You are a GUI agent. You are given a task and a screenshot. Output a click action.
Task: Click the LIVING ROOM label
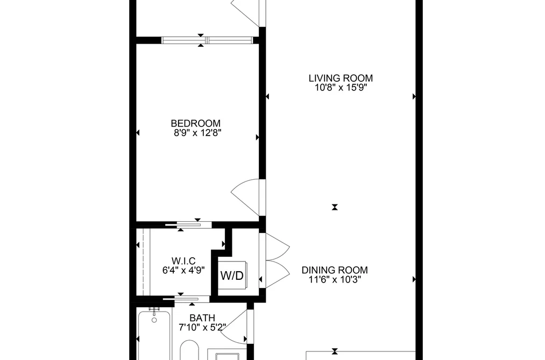[x=341, y=78]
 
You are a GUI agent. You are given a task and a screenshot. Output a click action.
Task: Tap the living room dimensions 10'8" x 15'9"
[x=341, y=88]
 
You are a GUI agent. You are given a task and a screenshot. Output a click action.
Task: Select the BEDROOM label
[x=196, y=123]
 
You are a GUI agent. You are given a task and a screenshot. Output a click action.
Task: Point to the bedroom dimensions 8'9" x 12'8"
[x=197, y=133]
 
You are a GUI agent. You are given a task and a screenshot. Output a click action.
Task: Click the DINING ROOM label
[x=335, y=270]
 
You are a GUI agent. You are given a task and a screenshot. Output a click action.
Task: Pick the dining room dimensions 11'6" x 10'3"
[x=335, y=279]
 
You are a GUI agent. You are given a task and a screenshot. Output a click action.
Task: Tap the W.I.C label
[x=183, y=260]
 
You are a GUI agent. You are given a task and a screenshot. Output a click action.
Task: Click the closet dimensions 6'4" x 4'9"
[x=183, y=270]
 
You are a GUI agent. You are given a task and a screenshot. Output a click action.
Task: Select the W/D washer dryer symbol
[x=232, y=275]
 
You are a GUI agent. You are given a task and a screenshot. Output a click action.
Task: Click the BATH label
[x=202, y=318]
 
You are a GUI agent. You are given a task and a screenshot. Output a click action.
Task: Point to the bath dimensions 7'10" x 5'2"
[x=202, y=327]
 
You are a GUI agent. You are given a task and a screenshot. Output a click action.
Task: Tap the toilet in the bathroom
[x=189, y=350]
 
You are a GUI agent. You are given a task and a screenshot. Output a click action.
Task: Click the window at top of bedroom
[x=207, y=40]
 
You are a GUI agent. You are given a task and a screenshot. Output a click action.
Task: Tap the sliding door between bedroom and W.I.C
[x=188, y=225]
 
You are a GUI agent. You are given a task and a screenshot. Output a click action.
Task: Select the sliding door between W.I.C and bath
[x=186, y=299]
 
